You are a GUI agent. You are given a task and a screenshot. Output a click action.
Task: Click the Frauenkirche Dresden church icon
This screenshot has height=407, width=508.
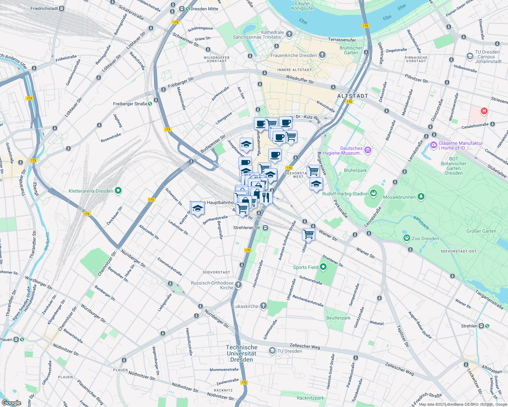point(322,55)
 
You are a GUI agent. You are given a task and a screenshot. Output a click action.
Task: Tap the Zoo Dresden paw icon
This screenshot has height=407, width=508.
point(407,238)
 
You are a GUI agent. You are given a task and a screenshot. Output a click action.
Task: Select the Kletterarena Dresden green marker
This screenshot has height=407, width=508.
point(118,191)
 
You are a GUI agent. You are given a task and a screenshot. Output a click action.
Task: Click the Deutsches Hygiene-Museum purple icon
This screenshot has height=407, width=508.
point(367,150)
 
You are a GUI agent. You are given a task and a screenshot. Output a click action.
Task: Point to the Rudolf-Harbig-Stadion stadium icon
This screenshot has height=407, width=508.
point(374,193)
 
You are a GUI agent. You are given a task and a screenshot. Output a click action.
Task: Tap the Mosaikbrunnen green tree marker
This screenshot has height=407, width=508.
point(421,197)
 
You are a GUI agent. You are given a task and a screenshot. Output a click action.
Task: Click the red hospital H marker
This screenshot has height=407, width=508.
point(484,111)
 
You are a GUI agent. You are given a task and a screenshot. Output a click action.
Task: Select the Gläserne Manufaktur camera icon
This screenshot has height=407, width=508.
point(433,145)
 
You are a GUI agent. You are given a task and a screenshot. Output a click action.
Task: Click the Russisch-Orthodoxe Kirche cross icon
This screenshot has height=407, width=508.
point(238,285)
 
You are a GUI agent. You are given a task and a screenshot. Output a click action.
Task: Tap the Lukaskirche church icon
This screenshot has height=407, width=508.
point(264,306)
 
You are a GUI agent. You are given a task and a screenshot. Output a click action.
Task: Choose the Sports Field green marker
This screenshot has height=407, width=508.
point(323,267)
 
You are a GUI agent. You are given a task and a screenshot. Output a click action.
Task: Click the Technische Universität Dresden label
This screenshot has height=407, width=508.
point(241,353)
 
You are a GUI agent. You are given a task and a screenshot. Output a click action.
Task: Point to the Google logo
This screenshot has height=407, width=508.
point(11,403)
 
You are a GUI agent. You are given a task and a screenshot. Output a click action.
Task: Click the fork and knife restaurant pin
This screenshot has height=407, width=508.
point(266,197)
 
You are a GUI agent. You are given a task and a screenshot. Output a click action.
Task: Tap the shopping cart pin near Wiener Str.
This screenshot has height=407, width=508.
point(308,234)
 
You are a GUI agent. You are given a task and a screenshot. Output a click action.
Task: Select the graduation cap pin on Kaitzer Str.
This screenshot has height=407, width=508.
point(197,209)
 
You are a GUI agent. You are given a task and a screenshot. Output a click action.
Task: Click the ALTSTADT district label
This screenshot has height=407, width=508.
point(352,96)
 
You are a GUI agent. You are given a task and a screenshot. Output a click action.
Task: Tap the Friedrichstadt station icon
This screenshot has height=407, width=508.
point(62,8)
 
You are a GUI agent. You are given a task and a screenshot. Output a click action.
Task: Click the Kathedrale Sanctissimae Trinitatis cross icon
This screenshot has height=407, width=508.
point(289,34)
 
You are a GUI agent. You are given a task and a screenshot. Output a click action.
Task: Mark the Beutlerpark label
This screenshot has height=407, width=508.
point(338,318)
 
